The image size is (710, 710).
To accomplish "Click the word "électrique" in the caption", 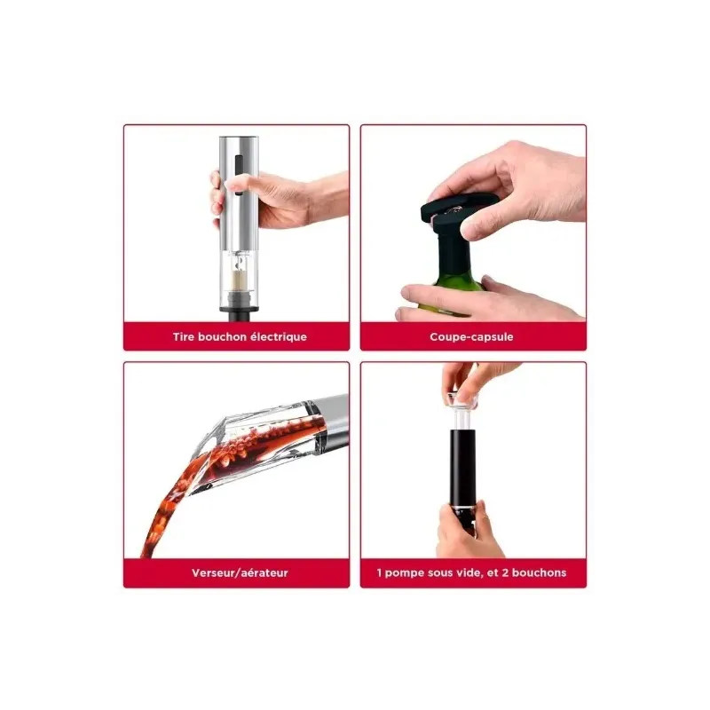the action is tap(279, 337).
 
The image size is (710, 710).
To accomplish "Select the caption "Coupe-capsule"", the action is tap(471, 337).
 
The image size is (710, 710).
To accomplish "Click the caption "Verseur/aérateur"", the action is tap(240, 573).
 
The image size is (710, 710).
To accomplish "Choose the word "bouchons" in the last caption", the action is tap(540, 572).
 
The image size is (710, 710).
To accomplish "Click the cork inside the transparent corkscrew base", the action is tap(239, 280).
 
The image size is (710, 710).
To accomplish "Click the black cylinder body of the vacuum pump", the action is tap(462, 467).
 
